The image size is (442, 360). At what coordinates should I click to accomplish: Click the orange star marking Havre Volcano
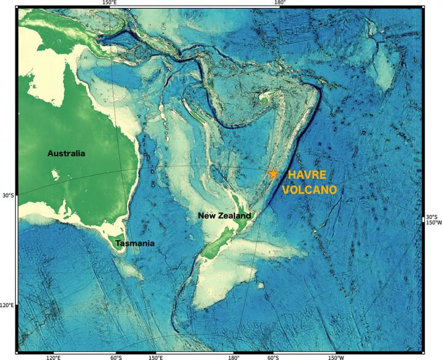tap(274, 174)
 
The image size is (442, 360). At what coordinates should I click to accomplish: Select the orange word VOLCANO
tap(309, 189)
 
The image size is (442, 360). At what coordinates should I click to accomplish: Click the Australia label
tap(66, 153)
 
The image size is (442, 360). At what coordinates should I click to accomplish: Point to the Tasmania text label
tap(134, 243)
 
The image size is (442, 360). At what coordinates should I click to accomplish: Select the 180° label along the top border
tap(279, 3)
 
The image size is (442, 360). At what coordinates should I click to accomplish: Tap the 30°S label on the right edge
tap(433, 217)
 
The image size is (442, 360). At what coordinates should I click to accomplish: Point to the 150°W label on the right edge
tap(433, 223)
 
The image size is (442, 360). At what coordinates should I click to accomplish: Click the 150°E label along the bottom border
tap(155, 357)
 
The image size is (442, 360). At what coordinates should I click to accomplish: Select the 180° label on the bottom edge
tap(233, 357)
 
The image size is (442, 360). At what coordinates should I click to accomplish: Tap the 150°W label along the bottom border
tap(335, 357)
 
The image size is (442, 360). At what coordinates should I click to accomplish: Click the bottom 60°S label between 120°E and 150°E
tap(115, 357)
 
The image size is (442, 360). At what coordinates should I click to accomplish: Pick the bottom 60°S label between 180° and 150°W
tap(273, 357)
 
